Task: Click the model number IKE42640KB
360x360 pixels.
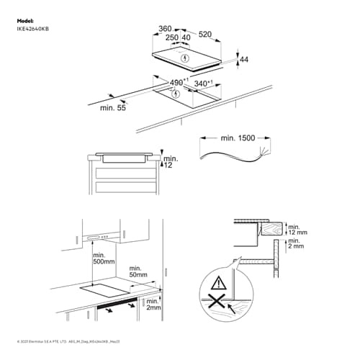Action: pyautogui.click(x=34, y=28)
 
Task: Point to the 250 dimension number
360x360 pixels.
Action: pyautogui.click(x=171, y=38)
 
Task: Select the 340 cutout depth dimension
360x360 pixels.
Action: pyautogui.click(x=204, y=84)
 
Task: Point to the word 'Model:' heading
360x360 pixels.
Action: pyautogui.click(x=26, y=21)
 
